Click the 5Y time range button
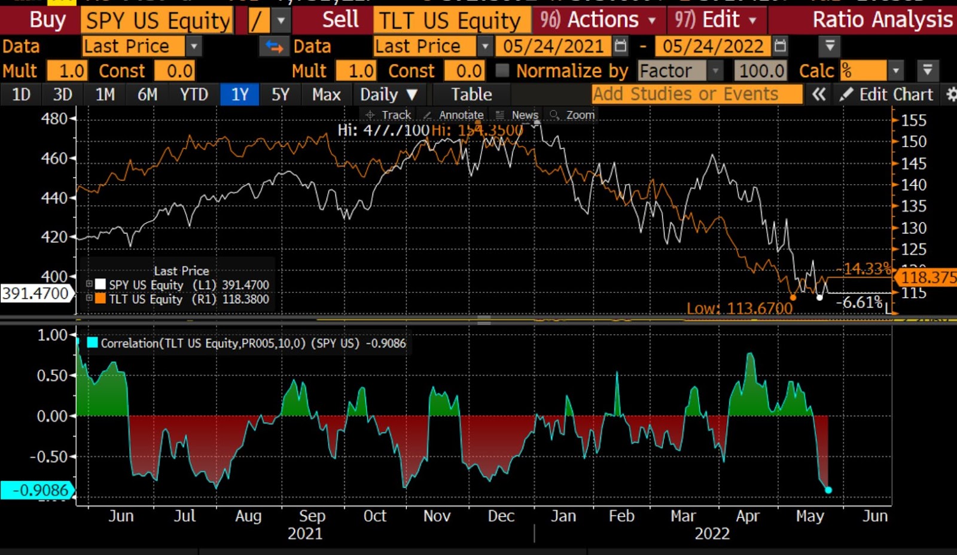coord(280,94)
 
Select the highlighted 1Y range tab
coord(240,94)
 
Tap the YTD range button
coord(194,94)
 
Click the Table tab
coord(471,94)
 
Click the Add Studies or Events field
coord(696,94)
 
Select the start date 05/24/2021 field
coord(553,46)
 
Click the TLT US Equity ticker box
coord(450,20)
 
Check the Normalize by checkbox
coord(502,71)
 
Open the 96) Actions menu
coord(597,20)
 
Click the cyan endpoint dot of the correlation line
coord(828,490)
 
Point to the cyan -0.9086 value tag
coord(37,490)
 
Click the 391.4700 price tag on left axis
coord(36,293)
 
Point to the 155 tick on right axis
coord(913,120)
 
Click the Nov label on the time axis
coord(437,516)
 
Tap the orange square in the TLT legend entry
coord(100,299)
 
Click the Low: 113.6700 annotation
coord(739,309)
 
